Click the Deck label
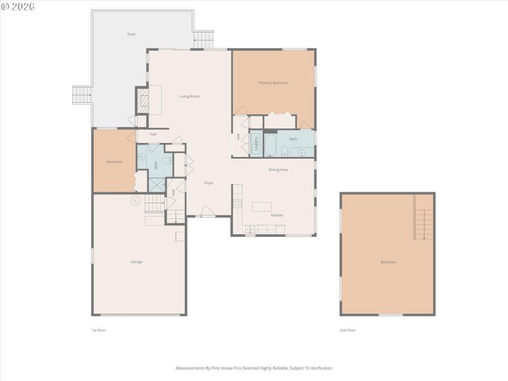131,34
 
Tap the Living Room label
189,97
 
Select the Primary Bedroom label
273,83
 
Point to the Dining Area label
278,170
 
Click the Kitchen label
277,215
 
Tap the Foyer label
208,183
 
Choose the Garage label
137,262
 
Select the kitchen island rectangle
262,206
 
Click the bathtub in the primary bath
270,143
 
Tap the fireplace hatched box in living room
143,100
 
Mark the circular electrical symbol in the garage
135,201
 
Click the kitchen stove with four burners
238,204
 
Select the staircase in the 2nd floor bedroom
423,217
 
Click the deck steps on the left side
83,96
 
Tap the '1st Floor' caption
98,330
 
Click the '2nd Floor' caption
347,330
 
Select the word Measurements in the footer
189,368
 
